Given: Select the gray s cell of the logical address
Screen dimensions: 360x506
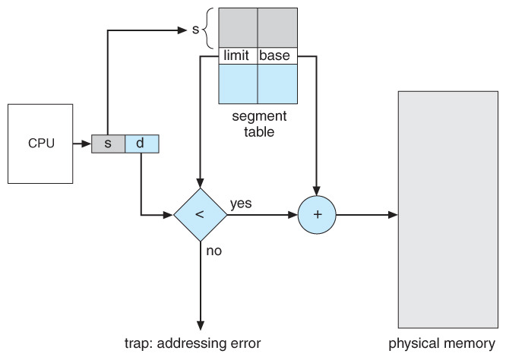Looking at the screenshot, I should [x=108, y=143].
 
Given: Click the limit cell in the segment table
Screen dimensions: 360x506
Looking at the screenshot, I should [x=238, y=55].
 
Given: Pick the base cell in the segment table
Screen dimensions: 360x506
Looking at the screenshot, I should [x=277, y=55].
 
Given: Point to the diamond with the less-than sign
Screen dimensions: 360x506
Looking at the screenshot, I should [x=200, y=215].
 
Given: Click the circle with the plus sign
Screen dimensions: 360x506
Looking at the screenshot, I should [x=318, y=215].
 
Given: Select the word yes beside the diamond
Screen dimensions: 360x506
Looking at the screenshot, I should [x=241, y=204].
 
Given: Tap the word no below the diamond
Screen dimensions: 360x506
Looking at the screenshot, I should [x=213, y=250].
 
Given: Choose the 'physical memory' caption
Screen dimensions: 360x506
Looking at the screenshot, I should [x=441, y=343].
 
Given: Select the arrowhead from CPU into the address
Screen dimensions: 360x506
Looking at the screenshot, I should [x=86, y=143].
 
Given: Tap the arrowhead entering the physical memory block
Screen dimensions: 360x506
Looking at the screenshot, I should [x=392, y=215].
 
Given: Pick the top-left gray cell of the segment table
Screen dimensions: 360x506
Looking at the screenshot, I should [x=238, y=28].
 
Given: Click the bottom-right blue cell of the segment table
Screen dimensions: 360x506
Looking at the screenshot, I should [x=277, y=84].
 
